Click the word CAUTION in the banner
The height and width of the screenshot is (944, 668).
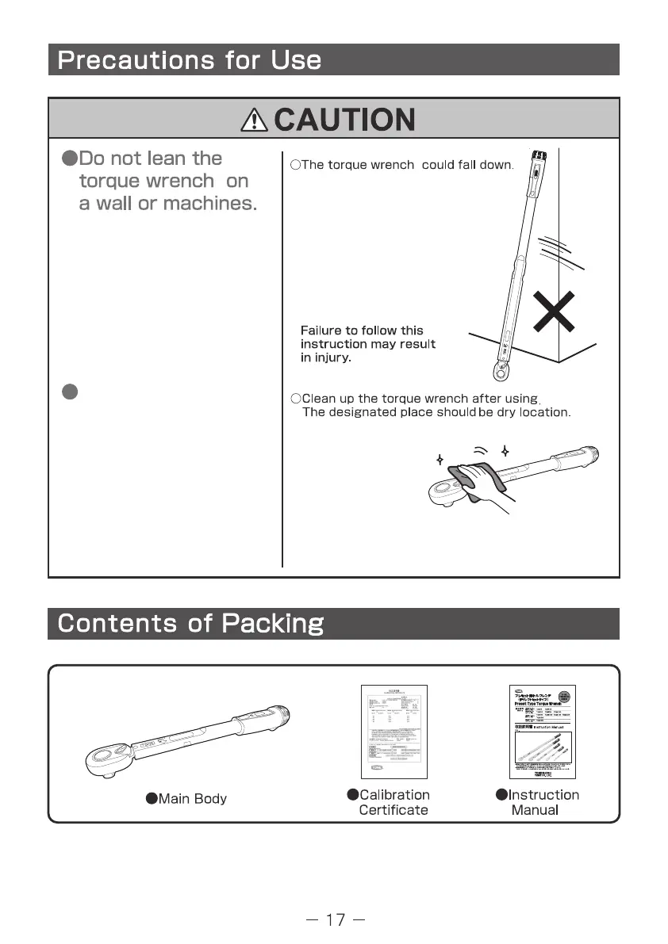click(x=344, y=120)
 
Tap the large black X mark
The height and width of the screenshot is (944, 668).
click(x=553, y=311)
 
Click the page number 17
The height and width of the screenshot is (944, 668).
click(x=336, y=919)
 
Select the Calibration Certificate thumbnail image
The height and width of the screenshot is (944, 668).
click(x=394, y=732)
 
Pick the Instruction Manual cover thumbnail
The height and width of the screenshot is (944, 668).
click(x=543, y=732)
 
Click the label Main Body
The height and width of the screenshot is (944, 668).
click(x=192, y=799)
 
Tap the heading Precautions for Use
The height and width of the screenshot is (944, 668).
click(x=190, y=60)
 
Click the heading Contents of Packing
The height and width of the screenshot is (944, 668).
click(x=190, y=624)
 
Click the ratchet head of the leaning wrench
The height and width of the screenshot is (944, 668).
click(x=499, y=369)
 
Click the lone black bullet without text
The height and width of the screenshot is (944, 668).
click(x=69, y=392)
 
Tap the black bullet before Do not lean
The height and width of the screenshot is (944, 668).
click(x=69, y=159)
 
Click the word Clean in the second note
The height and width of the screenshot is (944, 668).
click(x=319, y=399)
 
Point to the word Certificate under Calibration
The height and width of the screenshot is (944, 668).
click(x=394, y=810)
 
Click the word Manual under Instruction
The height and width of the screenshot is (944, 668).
click(x=535, y=810)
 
